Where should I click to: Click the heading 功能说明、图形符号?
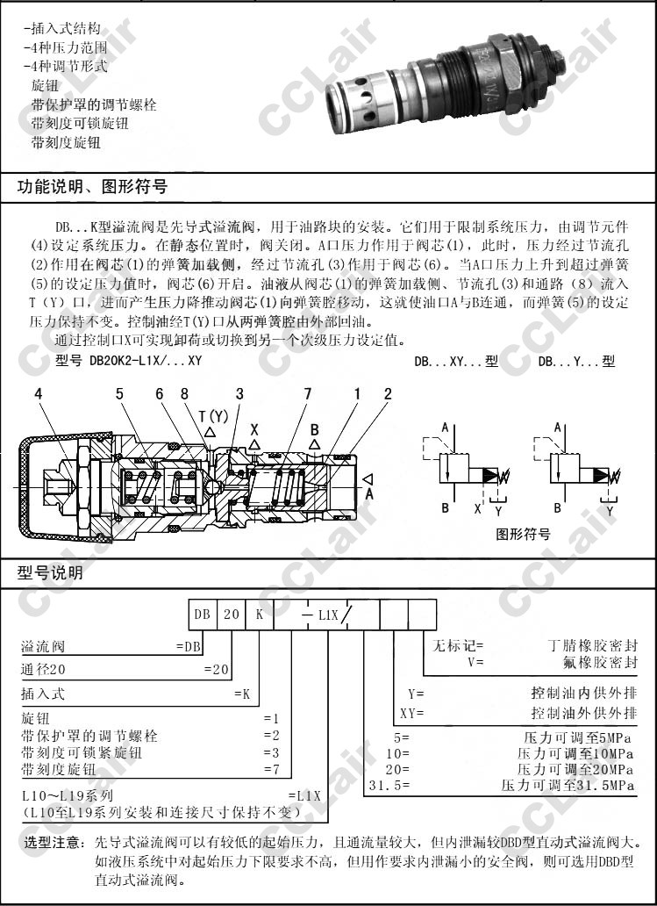tap(93, 187)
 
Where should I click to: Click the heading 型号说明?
tap(51, 573)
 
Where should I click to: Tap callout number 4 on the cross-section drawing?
tap(38, 395)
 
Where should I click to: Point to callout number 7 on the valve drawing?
tap(308, 395)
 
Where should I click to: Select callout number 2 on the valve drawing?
tap(387, 395)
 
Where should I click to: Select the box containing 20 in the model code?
tap(231, 615)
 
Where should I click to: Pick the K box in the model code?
tap(259, 615)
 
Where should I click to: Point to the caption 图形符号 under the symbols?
tap(524, 534)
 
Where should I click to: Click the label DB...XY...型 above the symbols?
tap(456, 361)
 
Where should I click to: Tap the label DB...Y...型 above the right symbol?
tap(576, 361)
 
